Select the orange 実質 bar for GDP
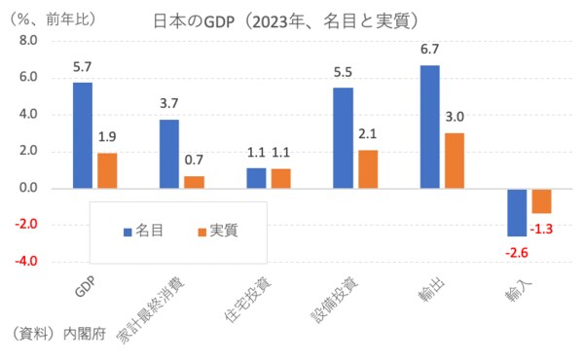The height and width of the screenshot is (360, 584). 107,170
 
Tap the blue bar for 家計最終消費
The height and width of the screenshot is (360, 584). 169,154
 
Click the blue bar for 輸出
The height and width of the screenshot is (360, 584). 429,126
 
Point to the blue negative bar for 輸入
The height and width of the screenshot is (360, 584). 516,212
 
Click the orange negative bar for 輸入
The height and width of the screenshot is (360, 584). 540,200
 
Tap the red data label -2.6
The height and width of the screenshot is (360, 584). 515,252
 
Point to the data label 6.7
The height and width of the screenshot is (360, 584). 429,49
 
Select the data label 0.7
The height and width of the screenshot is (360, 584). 195,160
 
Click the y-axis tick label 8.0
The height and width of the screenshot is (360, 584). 25,41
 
